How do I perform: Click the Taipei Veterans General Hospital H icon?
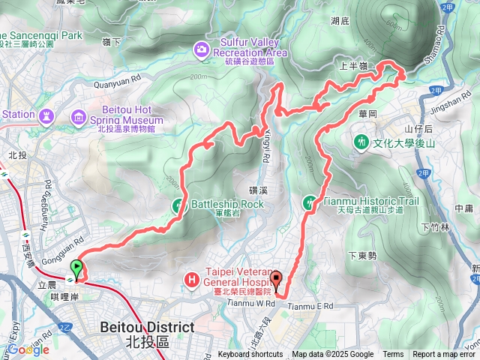(193, 280)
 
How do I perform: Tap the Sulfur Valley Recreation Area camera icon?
(201, 49)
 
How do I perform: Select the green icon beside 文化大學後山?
(361, 140)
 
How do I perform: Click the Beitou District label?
(147, 328)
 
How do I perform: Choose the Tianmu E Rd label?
(310, 306)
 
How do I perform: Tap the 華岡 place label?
(367, 114)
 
